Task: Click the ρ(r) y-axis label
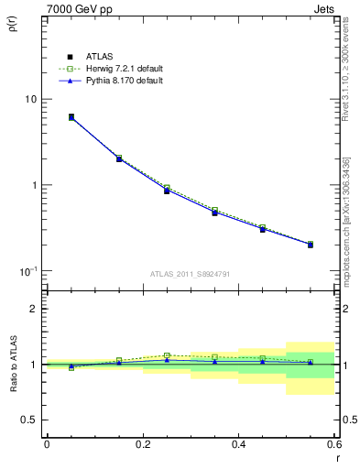13,25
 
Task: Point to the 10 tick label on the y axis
30,99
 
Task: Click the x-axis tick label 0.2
142,443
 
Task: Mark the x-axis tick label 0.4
238,443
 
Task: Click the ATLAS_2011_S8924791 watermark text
190,273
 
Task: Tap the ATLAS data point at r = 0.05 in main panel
71,117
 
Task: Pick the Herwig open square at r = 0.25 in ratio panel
167,355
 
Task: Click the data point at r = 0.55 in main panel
311,245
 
